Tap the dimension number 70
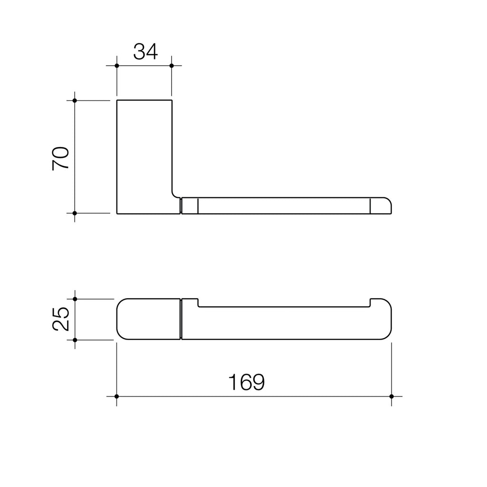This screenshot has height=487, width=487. [x=61, y=158]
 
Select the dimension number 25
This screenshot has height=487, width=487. [x=61, y=319]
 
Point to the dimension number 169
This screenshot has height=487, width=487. [x=246, y=382]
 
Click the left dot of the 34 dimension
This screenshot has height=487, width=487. [x=117, y=66]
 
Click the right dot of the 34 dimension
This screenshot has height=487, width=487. [x=171, y=66]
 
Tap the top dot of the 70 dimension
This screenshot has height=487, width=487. [x=75, y=100]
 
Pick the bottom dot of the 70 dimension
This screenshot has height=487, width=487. [x=75, y=213]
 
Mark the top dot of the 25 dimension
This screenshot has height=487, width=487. [x=75, y=299]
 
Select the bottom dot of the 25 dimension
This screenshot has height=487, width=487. [x=75, y=340]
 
